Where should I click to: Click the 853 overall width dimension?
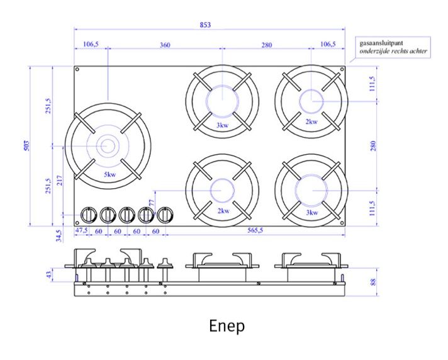206,25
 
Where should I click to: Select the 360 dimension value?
165,45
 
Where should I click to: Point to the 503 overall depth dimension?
25,146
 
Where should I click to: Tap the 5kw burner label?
110,174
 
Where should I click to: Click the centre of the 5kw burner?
107,146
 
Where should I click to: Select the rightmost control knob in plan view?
165,215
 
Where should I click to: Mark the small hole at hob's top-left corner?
77,69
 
